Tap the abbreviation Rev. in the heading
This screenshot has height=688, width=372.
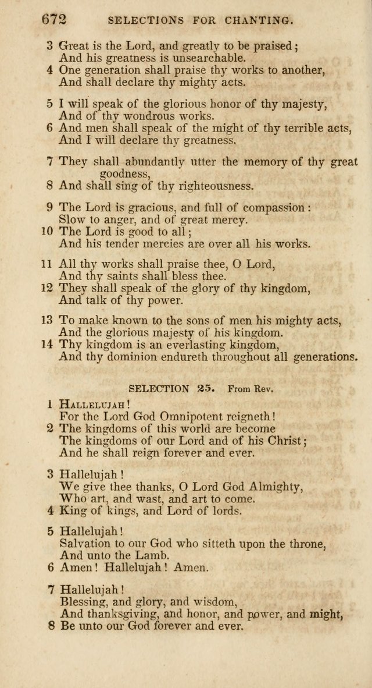[x=262, y=388]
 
